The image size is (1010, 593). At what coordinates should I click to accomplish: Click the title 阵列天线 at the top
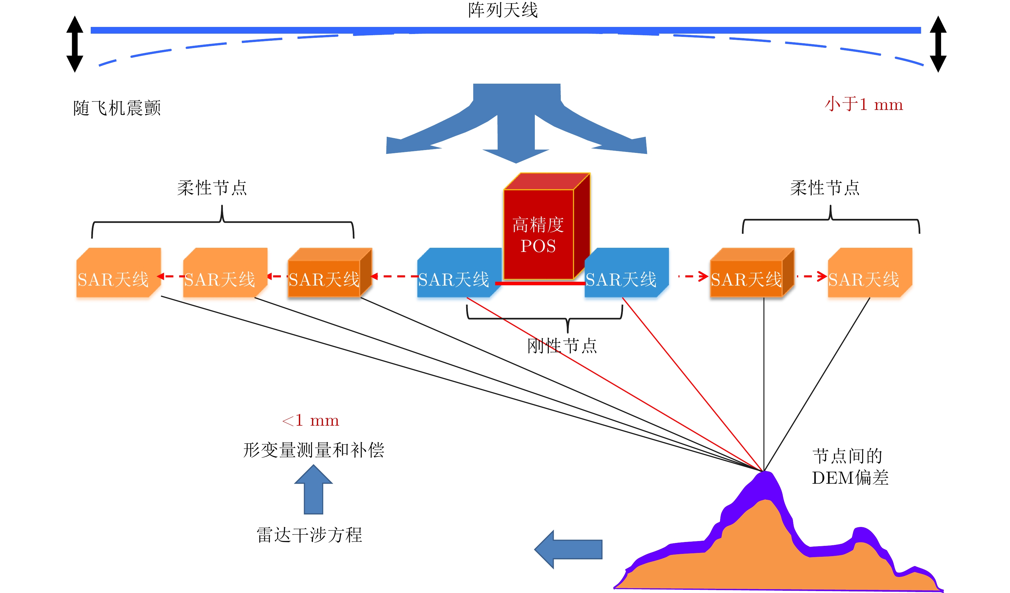click(x=503, y=10)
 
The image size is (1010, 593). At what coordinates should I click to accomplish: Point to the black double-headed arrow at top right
click(x=938, y=44)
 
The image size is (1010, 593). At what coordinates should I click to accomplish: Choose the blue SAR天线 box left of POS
click(x=457, y=273)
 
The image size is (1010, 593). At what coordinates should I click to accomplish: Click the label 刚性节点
click(x=562, y=346)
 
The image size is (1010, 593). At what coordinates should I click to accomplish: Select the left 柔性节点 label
click(x=212, y=188)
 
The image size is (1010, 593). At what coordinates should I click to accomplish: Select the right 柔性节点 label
click(x=825, y=188)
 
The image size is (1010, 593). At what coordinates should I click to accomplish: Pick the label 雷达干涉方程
click(x=309, y=535)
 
